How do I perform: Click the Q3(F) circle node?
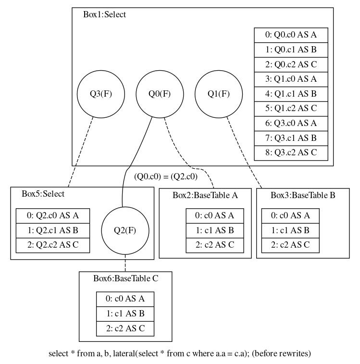[101, 94]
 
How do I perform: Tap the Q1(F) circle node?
[218, 94]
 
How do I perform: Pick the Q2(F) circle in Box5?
[125, 230]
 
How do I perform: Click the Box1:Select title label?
[104, 14]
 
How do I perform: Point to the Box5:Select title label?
[43, 194]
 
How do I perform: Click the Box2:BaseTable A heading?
[205, 195]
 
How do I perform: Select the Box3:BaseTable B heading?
[303, 195]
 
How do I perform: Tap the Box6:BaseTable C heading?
[125, 278]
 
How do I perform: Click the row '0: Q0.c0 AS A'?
[291, 35]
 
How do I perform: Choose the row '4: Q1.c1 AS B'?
[291, 94]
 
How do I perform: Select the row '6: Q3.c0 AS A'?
[291, 123]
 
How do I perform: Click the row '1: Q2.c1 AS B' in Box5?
[53, 230]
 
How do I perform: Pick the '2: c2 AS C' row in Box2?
[215, 245]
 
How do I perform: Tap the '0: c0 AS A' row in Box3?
[290, 215]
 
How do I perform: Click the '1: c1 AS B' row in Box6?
[125, 314]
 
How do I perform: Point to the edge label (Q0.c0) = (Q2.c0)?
[166, 176]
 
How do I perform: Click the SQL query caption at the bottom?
[180, 354]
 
